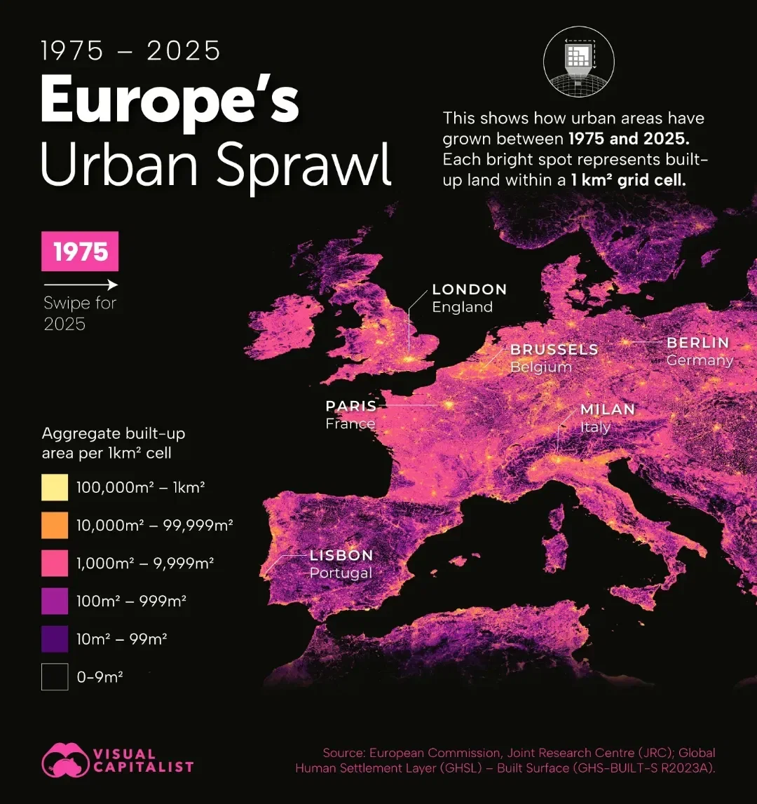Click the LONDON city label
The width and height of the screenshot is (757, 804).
[x=469, y=289]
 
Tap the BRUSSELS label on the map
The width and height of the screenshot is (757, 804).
[x=554, y=349]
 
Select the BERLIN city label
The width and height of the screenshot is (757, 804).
[x=697, y=343]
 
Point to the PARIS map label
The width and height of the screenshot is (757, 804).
[x=351, y=406]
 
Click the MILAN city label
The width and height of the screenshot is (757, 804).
[x=607, y=409]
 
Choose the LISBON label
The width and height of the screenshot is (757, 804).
[x=341, y=555]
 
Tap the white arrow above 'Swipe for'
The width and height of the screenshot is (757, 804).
[x=80, y=285]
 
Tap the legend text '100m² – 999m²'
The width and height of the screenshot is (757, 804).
[x=131, y=601]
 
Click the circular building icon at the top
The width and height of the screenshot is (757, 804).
[x=578, y=62]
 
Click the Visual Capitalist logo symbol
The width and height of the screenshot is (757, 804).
[x=65, y=760]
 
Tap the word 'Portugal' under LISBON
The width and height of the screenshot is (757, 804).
[x=341, y=573]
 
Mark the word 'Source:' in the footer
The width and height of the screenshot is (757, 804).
[x=343, y=753]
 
